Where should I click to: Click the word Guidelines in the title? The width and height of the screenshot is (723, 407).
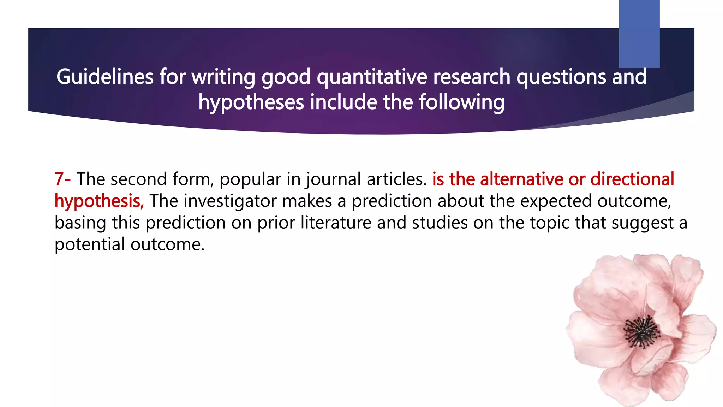pyautogui.click(x=105, y=77)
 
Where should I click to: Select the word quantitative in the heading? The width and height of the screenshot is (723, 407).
pyautogui.click(x=372, y=77)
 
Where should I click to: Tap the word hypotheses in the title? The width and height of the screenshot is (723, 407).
pyautogui.click(x=251, y=102)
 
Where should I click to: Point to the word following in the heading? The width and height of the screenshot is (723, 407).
pyautogui.click(x=462, y=102)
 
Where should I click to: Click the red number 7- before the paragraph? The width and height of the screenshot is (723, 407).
pyautogui.click(x=62, y=179)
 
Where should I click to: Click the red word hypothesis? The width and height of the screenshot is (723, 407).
pyautogui.click(x=99, y=201)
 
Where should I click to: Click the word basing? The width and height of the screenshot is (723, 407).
pyautogui.click(x=80, y=223)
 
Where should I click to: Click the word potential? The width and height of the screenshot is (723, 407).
pyautogui.click(x=90, y=244)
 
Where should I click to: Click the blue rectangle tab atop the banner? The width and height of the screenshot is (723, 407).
pyautogui.click(x=639, y=34)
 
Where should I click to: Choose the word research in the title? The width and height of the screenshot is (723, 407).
pyautogui.click(x=472, y=77)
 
